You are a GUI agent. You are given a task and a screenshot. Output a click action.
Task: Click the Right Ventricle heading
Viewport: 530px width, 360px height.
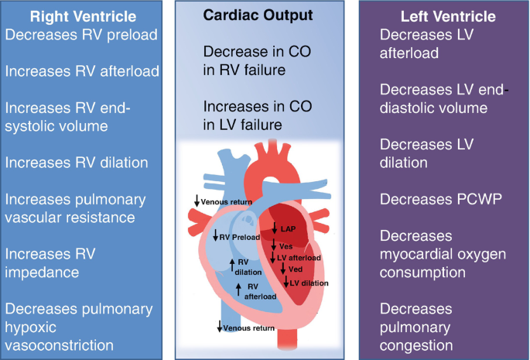click(x=82, y=15)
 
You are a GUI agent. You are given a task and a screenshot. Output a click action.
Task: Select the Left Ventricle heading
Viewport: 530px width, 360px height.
click(x=446, y=15)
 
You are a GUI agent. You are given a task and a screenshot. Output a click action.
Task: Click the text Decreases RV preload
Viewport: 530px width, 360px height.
click(x=80, y=34)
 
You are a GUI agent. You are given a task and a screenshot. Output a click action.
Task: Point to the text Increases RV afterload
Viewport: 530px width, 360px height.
click(x=82, y=70)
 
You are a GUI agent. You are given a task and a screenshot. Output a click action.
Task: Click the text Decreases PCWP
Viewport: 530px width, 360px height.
click(x=431, y=199)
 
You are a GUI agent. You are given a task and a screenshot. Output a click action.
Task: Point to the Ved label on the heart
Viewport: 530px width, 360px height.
click(x=295, y=269)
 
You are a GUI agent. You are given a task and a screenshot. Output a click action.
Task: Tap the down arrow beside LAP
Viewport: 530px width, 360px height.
click(x=274, y=228)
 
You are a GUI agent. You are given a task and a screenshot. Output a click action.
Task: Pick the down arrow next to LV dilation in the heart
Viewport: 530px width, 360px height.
click(x=286, y=283)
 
